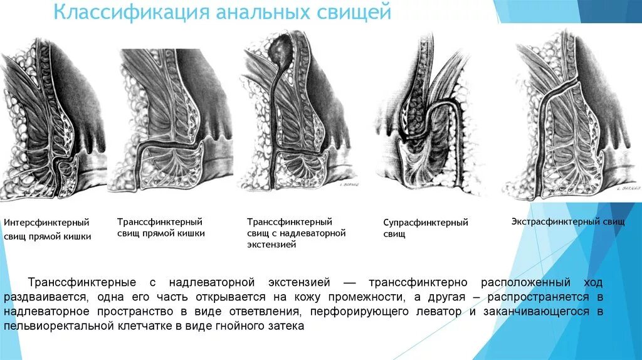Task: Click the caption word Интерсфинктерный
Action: [46, 223]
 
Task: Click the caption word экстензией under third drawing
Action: [271, 245]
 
